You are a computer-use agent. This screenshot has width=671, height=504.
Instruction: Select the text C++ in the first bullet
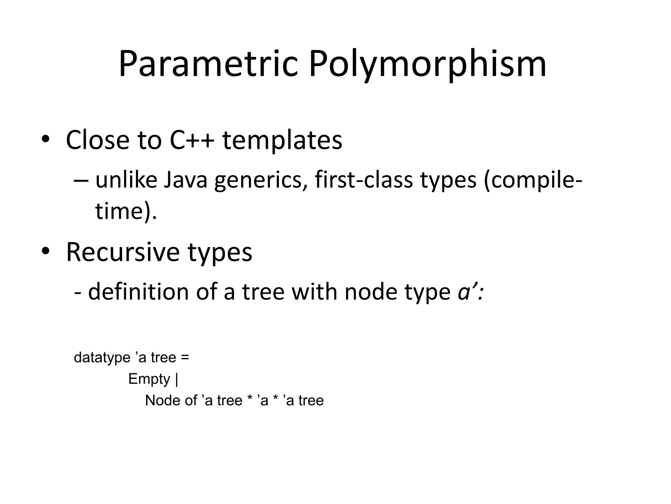coord(192,140)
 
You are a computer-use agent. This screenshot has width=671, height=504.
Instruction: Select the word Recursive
coord(123,252)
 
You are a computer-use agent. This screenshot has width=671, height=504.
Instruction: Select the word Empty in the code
coord(149,379)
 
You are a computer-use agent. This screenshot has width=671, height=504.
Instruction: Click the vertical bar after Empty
coord(177,379)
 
